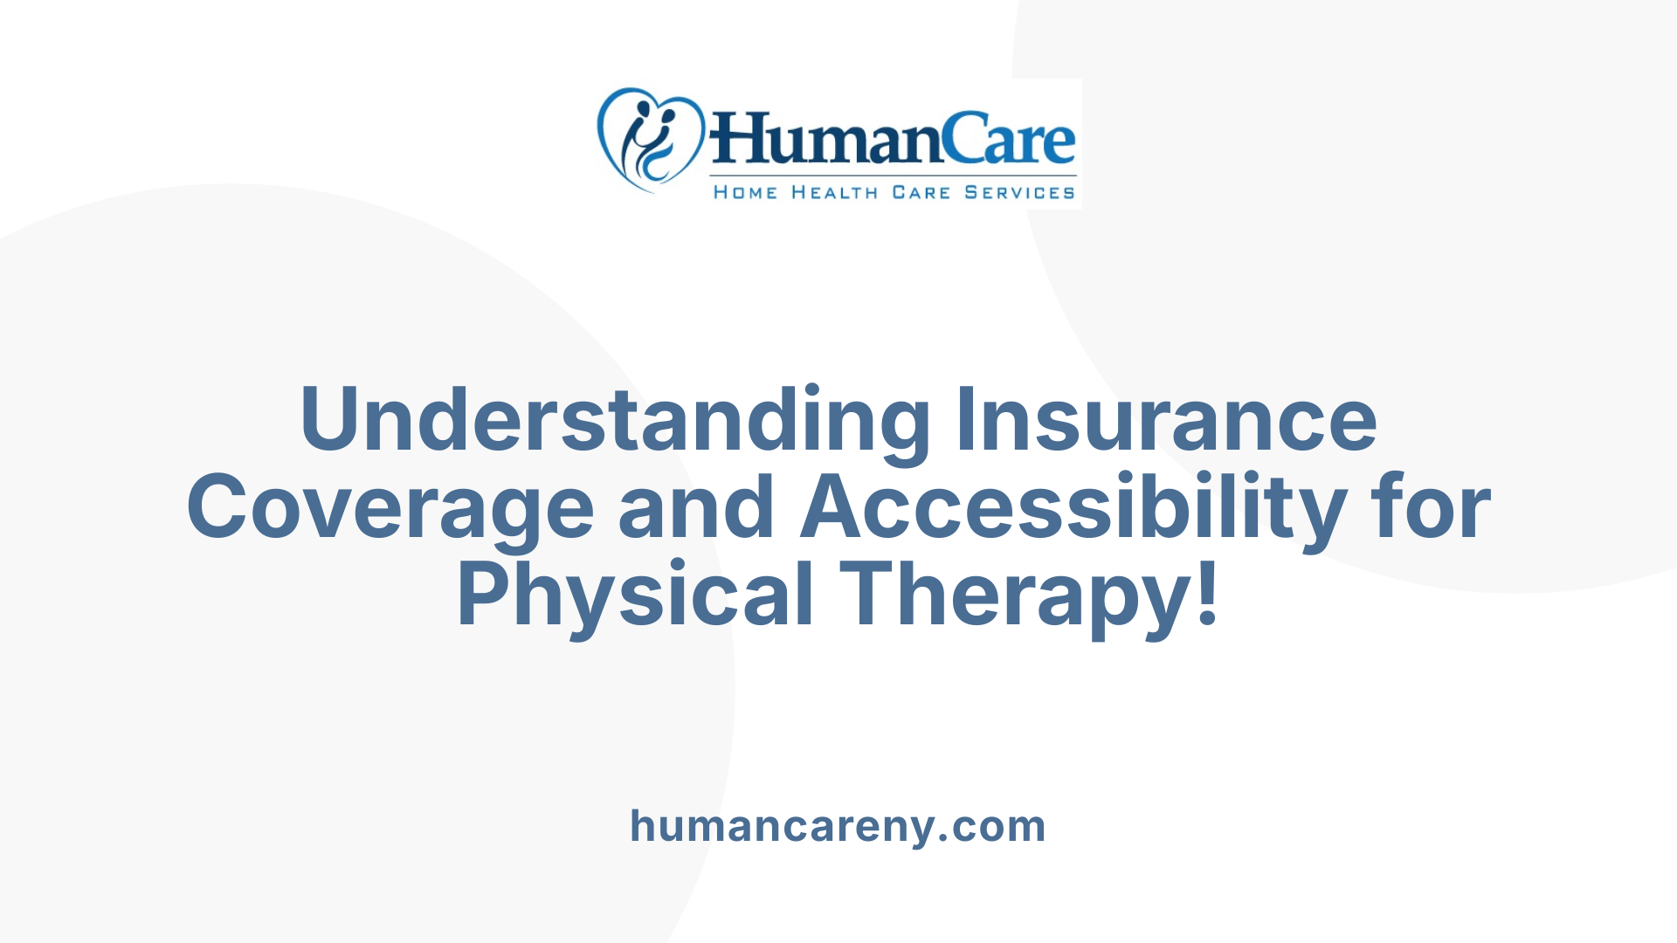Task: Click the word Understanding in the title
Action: pos(615,421)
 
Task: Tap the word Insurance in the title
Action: pos(1166,421)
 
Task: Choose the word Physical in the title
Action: pos(635,595)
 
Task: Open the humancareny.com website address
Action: pos(838,826)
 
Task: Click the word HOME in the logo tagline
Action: pos(745,192)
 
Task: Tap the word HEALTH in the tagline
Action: pos(834,192)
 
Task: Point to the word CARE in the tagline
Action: pos(921,192)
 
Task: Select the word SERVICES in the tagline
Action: pos(1019,192)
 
